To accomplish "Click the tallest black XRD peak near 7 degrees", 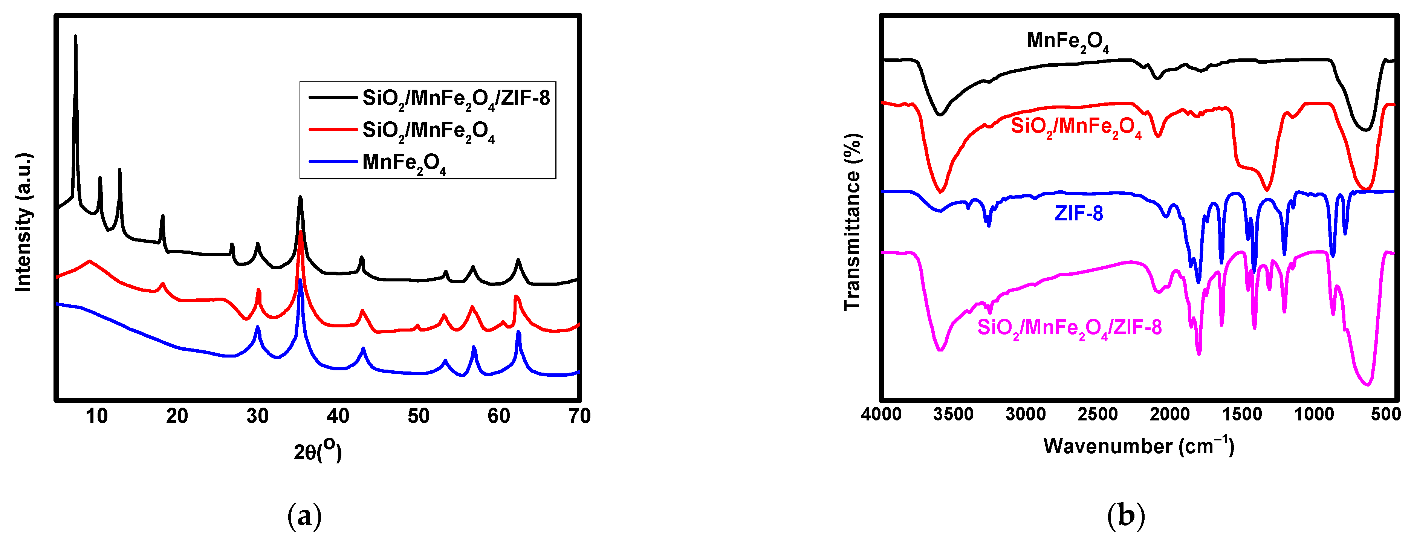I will pyautogui.click(x=75, y=37).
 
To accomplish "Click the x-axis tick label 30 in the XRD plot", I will pyautogui.click(x=257, y=416).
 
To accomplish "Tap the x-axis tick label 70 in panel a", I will pyautogui.click(x=579, y=416).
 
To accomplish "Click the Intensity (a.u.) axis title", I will pyautogui.click(x=23, y=222).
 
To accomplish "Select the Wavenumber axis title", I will pyautogui.click(x=1139, y=446).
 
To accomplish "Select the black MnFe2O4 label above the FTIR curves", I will pyautogui.click(x=1068, y=41).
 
